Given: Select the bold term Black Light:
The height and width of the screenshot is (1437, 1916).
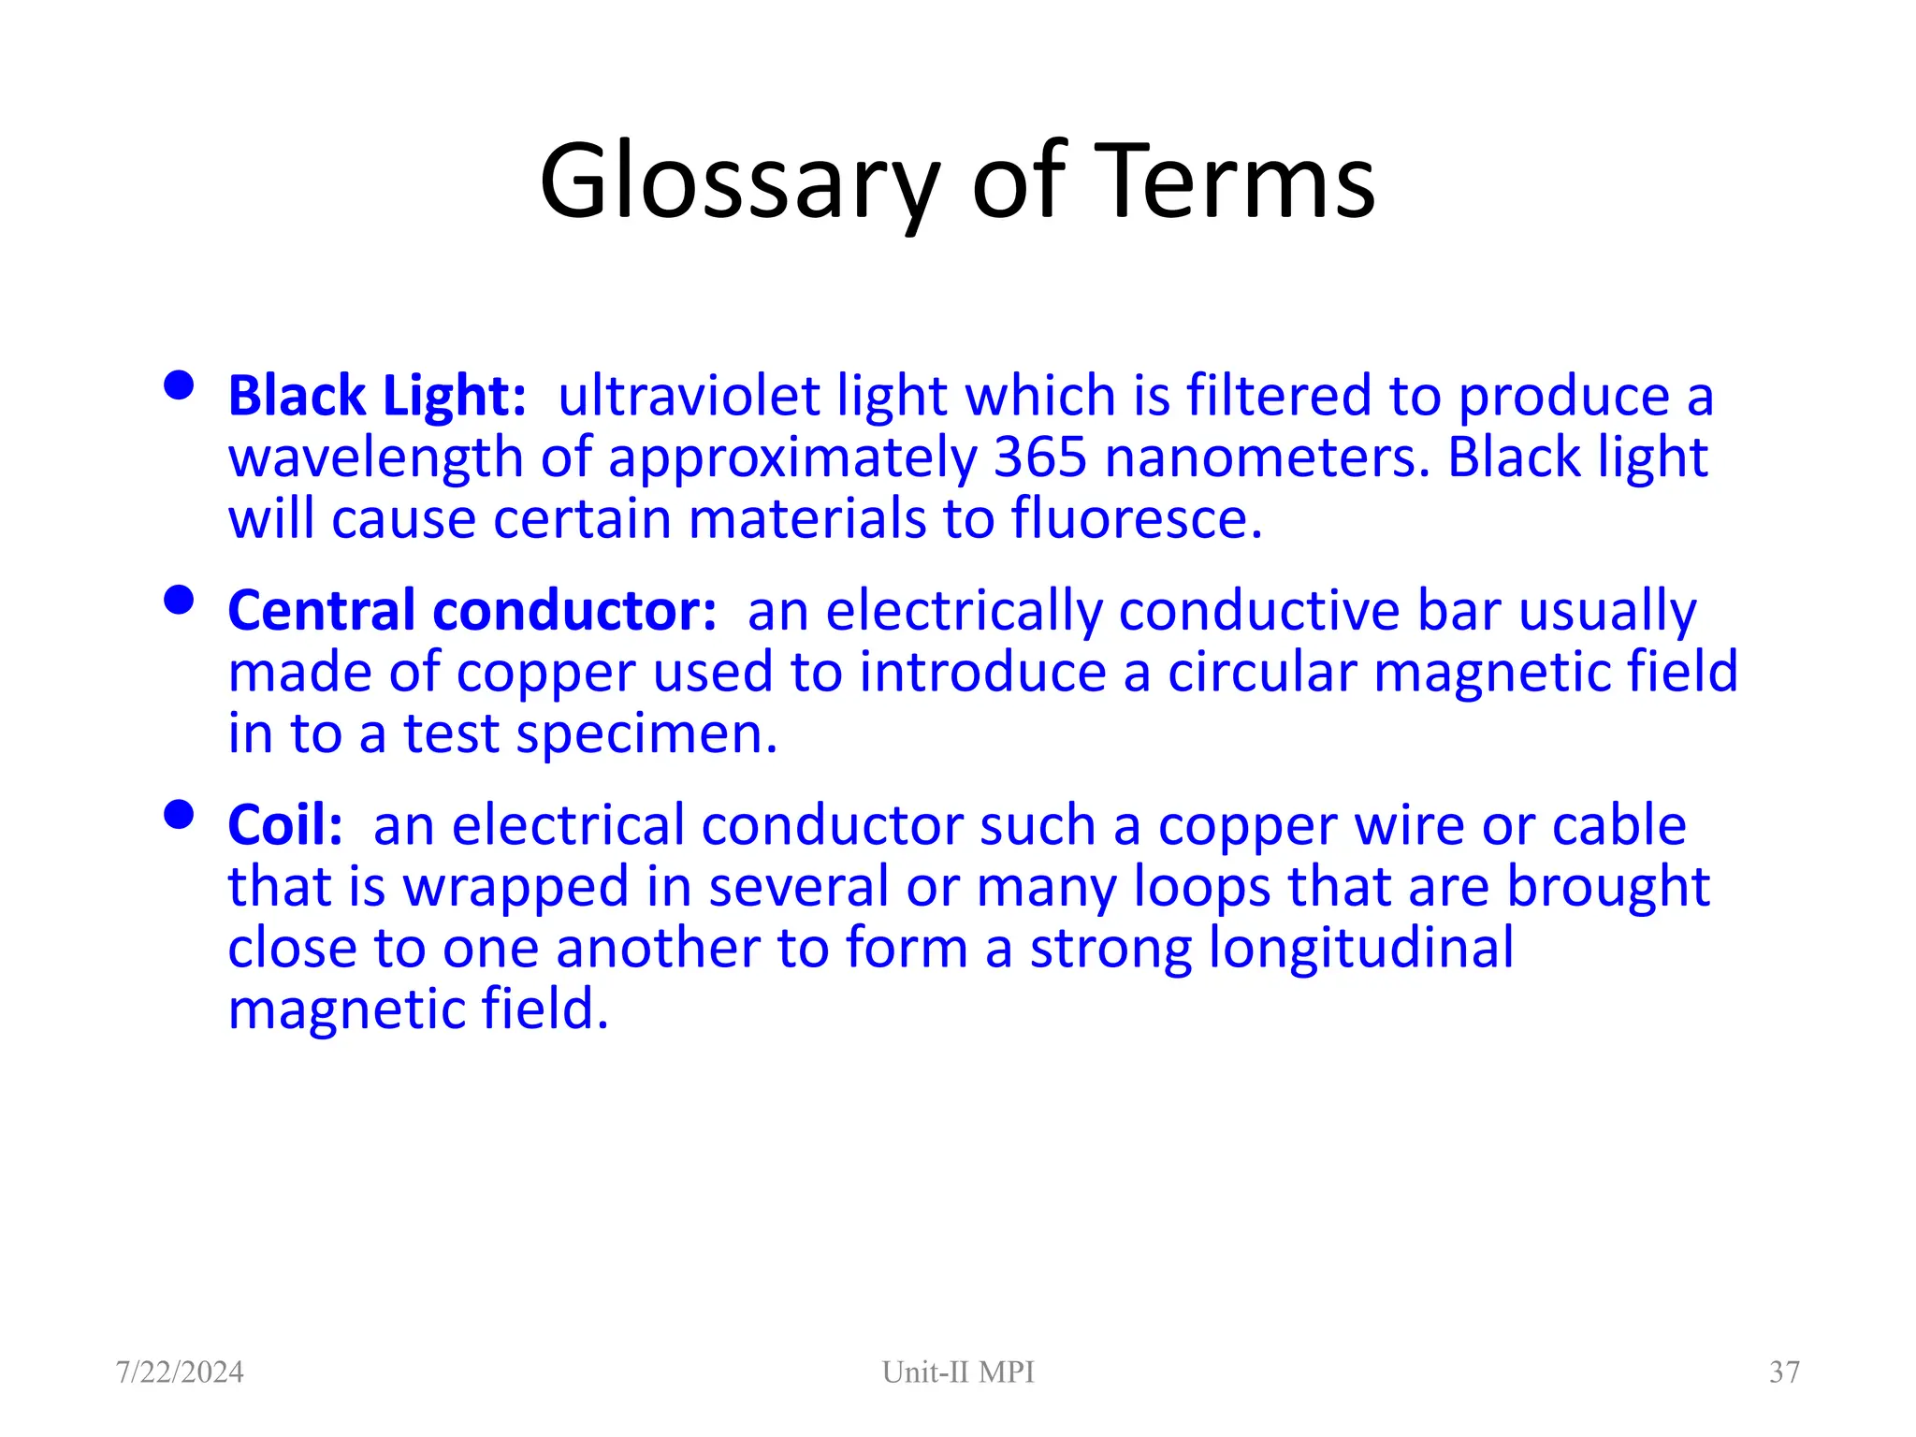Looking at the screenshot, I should point(377,396).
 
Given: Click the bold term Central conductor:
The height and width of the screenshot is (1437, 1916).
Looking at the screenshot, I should point(472,611).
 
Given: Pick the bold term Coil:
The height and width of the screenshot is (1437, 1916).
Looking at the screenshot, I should point(285,826).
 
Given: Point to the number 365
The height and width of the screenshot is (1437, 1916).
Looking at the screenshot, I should point(1039,457).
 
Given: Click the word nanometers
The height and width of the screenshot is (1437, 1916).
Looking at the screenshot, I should point(1267,457).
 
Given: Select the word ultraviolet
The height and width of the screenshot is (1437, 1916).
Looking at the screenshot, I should point(689,396).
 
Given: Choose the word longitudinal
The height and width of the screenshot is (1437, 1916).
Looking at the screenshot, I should point(1361,948).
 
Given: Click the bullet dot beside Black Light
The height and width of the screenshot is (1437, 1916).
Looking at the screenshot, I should point(178,385).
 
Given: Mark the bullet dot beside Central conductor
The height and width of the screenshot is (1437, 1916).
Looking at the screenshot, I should point(178,600).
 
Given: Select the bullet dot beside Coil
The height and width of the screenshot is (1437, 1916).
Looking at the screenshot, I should point(178,815).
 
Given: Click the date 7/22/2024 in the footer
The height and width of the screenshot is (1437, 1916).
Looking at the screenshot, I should point(180,1372).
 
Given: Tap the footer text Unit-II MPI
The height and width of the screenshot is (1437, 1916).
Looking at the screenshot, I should point(958,1372).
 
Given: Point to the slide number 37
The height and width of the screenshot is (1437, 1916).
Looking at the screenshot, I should point(1784,1372).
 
